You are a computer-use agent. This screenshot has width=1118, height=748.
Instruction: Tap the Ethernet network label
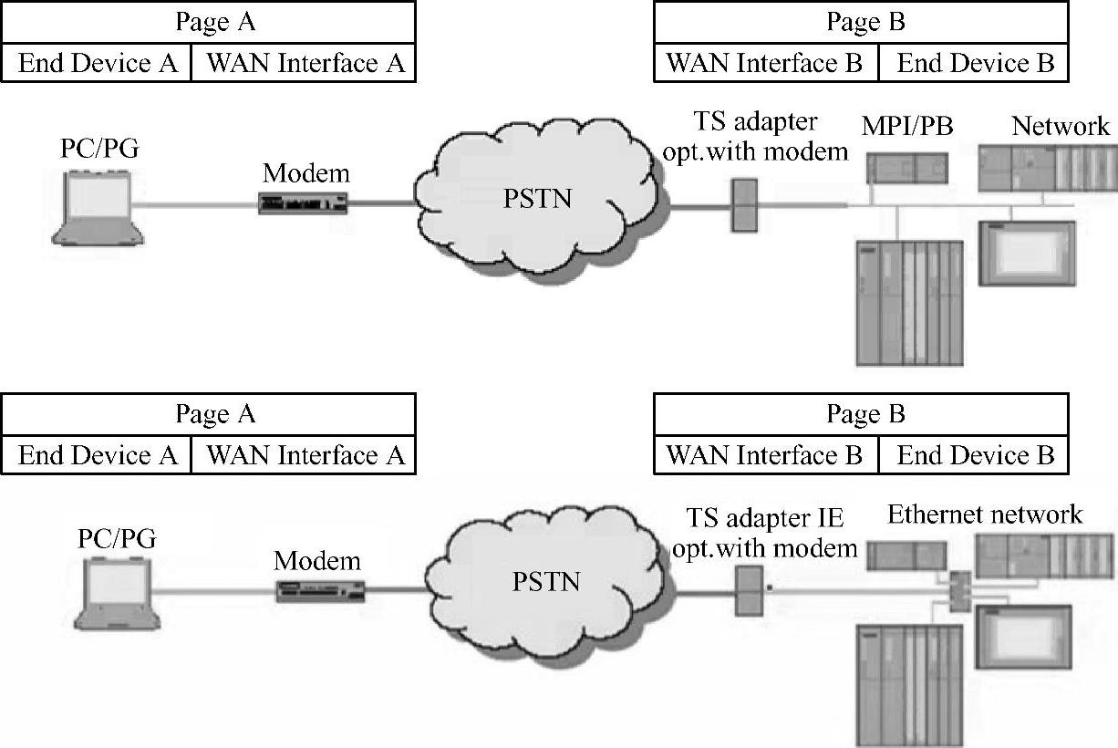pos(985,514)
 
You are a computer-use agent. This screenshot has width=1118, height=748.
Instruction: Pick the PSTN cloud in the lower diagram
pos(545,581)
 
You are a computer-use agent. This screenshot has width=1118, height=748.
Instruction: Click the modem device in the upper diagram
pos(305,203)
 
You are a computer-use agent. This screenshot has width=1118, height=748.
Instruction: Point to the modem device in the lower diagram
pos(321,591)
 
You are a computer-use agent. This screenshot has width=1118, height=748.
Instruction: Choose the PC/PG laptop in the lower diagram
pos(118,594)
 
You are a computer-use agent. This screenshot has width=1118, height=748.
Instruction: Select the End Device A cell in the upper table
pos(97,64)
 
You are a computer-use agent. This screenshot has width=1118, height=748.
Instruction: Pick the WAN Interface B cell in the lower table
pos(765,454)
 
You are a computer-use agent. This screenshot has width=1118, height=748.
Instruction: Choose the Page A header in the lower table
pos(215,414)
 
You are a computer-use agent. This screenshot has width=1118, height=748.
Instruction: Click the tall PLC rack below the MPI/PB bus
pos(909,302)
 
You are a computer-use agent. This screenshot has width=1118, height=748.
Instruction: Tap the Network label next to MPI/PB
pos(1061,127)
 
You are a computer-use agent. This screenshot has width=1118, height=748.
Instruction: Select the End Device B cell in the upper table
pos(975,64)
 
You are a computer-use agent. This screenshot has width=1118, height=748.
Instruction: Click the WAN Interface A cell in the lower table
pos(305,454)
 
